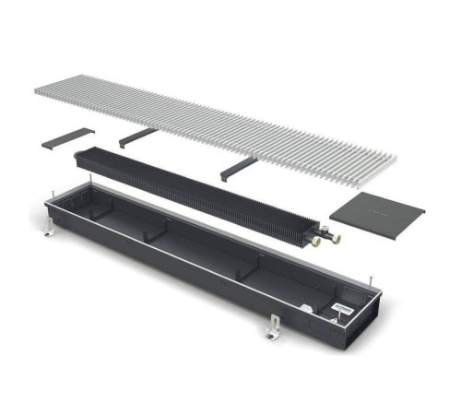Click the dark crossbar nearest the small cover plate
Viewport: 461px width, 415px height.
[x=138, y=136]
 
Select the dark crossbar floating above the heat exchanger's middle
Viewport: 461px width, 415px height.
[x=237, y=168]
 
